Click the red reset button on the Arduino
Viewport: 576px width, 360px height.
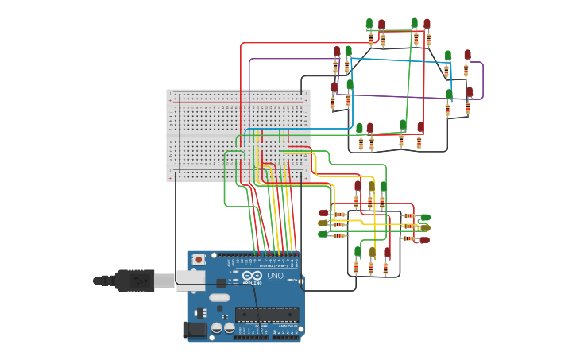(199, 259)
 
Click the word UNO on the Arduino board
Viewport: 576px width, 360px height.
(274, 276)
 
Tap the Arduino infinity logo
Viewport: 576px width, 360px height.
(253, 275)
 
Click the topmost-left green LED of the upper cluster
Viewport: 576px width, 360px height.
(369, 23)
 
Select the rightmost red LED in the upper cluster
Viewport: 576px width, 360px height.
(470, 91)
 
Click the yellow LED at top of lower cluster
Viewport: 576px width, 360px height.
(371, 187)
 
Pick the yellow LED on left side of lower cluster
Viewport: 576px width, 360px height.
(323, 223)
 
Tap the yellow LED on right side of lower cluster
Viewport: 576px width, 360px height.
(424, 227)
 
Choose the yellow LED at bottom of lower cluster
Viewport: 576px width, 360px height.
(372, 252)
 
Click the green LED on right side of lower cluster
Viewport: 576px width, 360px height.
(425, 217)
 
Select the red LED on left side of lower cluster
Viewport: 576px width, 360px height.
(323, 213)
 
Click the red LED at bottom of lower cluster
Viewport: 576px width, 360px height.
(387, 253)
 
